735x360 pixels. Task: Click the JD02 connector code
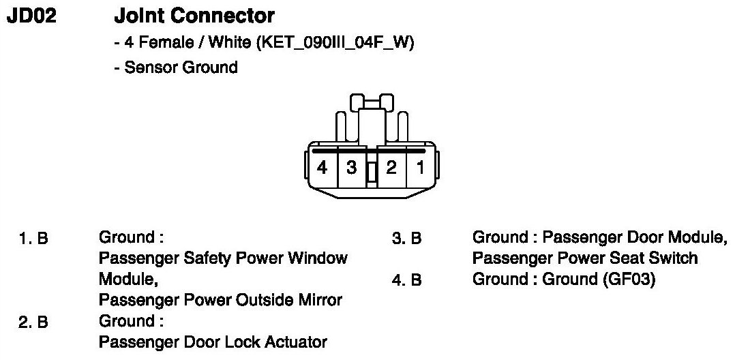pyautogui.click(x=31, y=15)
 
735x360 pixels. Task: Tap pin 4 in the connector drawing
pyautogui.click(x=322, y=168)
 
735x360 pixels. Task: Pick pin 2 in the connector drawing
pyautogui.click(x=391, y=168)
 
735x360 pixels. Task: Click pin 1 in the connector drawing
pyautogui.click(x=421, y=168)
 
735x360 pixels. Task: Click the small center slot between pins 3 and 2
pyautogui.click(x=372, y=173)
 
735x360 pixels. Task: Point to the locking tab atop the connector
pyautogui.click(x=372, y=103)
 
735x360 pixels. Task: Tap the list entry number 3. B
pyautogui.click(x=407, y=239)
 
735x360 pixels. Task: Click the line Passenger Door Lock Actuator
pyautogui.click(x=213, y=342)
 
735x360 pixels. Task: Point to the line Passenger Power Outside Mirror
pyautogui.click(x=220, y=300)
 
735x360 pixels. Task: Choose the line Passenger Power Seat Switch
pyautogui.click(x=585, y=258)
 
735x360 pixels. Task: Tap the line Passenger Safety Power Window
pyautogui.click(x=223, y=258)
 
